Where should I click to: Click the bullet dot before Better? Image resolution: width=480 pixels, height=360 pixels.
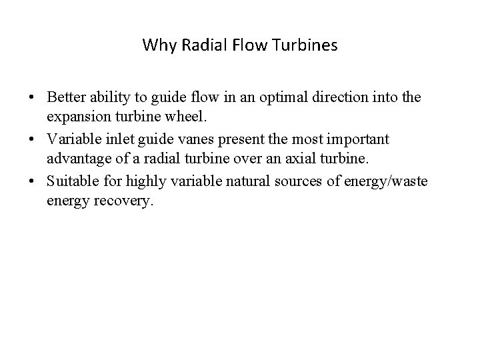pyautogui.click(x=32, y=98)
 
